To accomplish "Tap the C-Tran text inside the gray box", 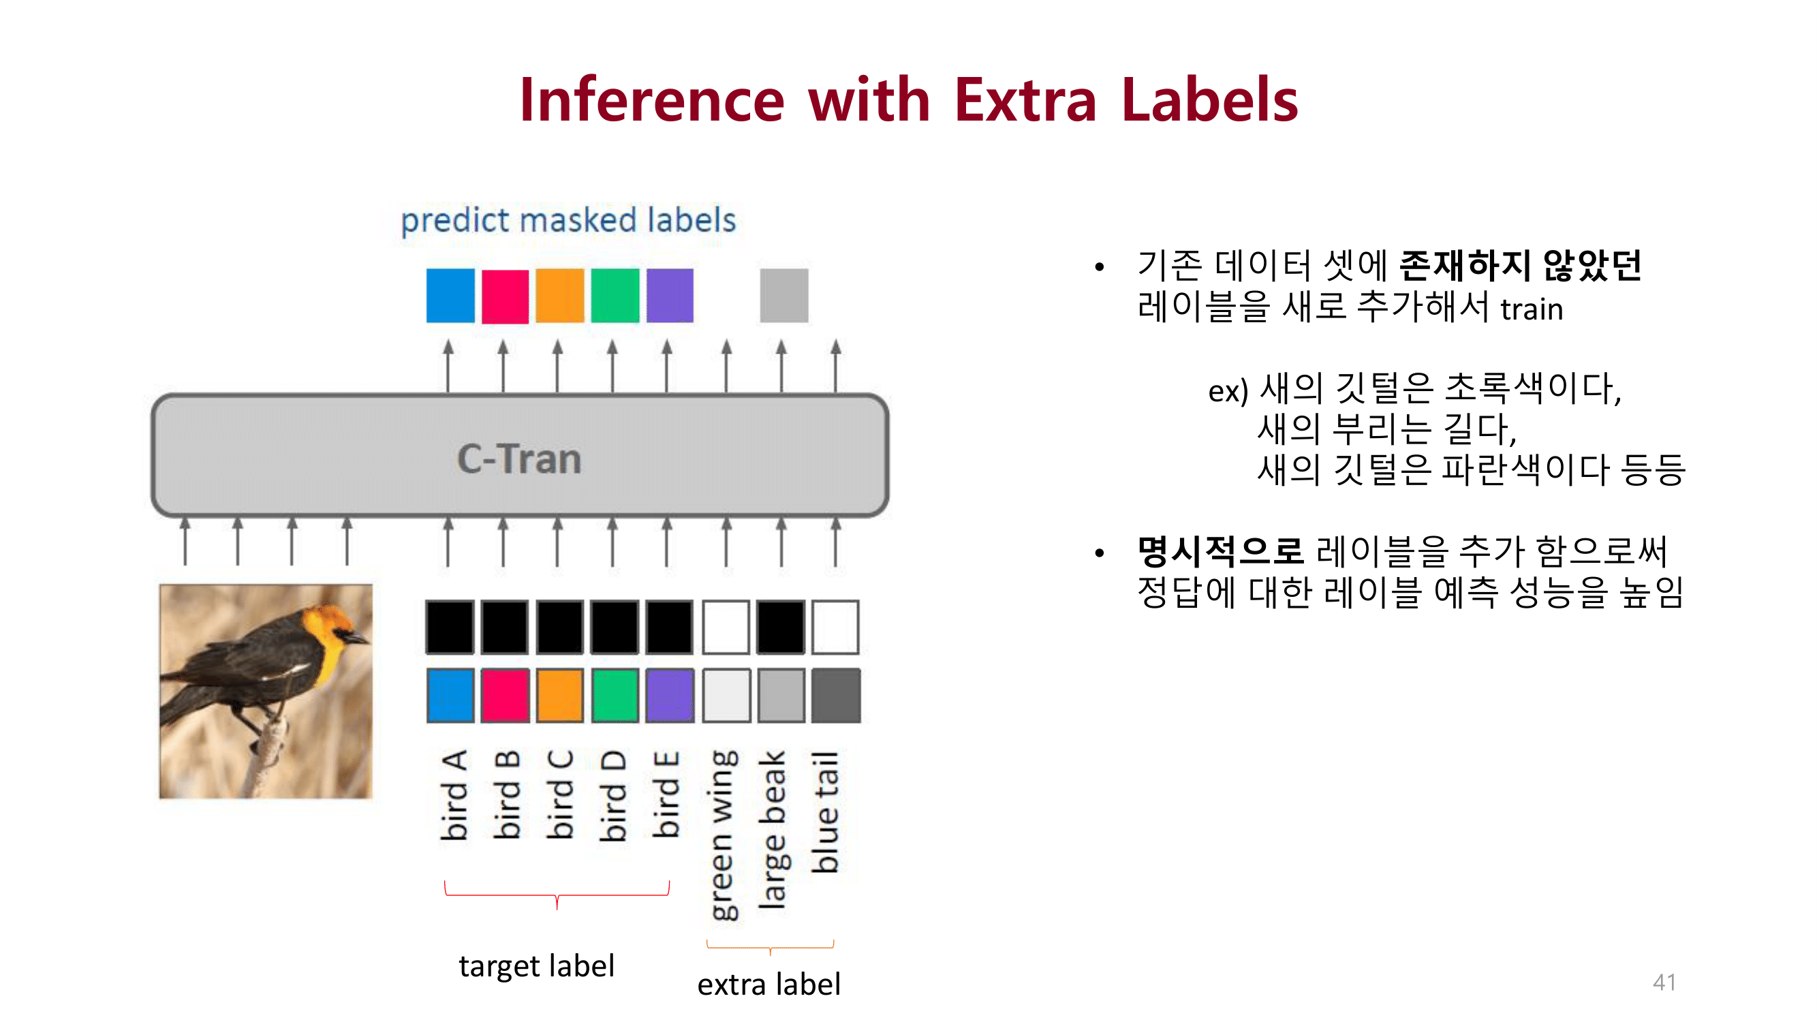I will [519, 459].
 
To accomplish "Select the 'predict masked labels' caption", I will [568, 220].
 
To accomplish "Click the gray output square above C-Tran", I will [783, 296].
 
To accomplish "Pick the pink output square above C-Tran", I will [504, 296].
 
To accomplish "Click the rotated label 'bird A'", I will [454, 795].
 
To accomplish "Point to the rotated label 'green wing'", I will [723, 835].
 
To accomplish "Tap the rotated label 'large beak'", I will [773, 829].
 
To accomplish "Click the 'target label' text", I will [536, 965].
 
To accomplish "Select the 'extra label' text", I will [769, 985].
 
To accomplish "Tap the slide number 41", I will [1664, 982].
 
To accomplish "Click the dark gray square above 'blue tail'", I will [835, 696].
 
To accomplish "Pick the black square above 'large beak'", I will [780, 627].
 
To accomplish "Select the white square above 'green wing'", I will [726, 627].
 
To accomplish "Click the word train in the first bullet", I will [1532, 309].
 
